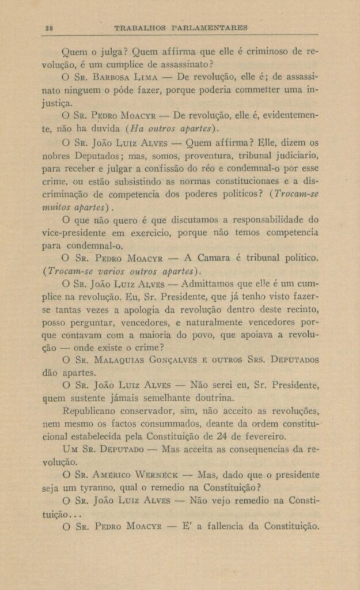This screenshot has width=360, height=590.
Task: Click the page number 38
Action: [x=49, y=27]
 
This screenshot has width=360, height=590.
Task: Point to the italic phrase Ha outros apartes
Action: [x=171, y=128]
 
